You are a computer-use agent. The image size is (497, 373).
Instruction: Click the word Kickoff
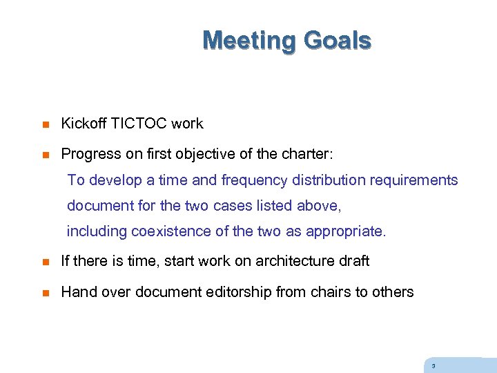point(84,124)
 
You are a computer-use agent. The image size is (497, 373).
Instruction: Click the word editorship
point(239,292)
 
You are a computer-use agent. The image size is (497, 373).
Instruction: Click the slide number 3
point(433,366)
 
